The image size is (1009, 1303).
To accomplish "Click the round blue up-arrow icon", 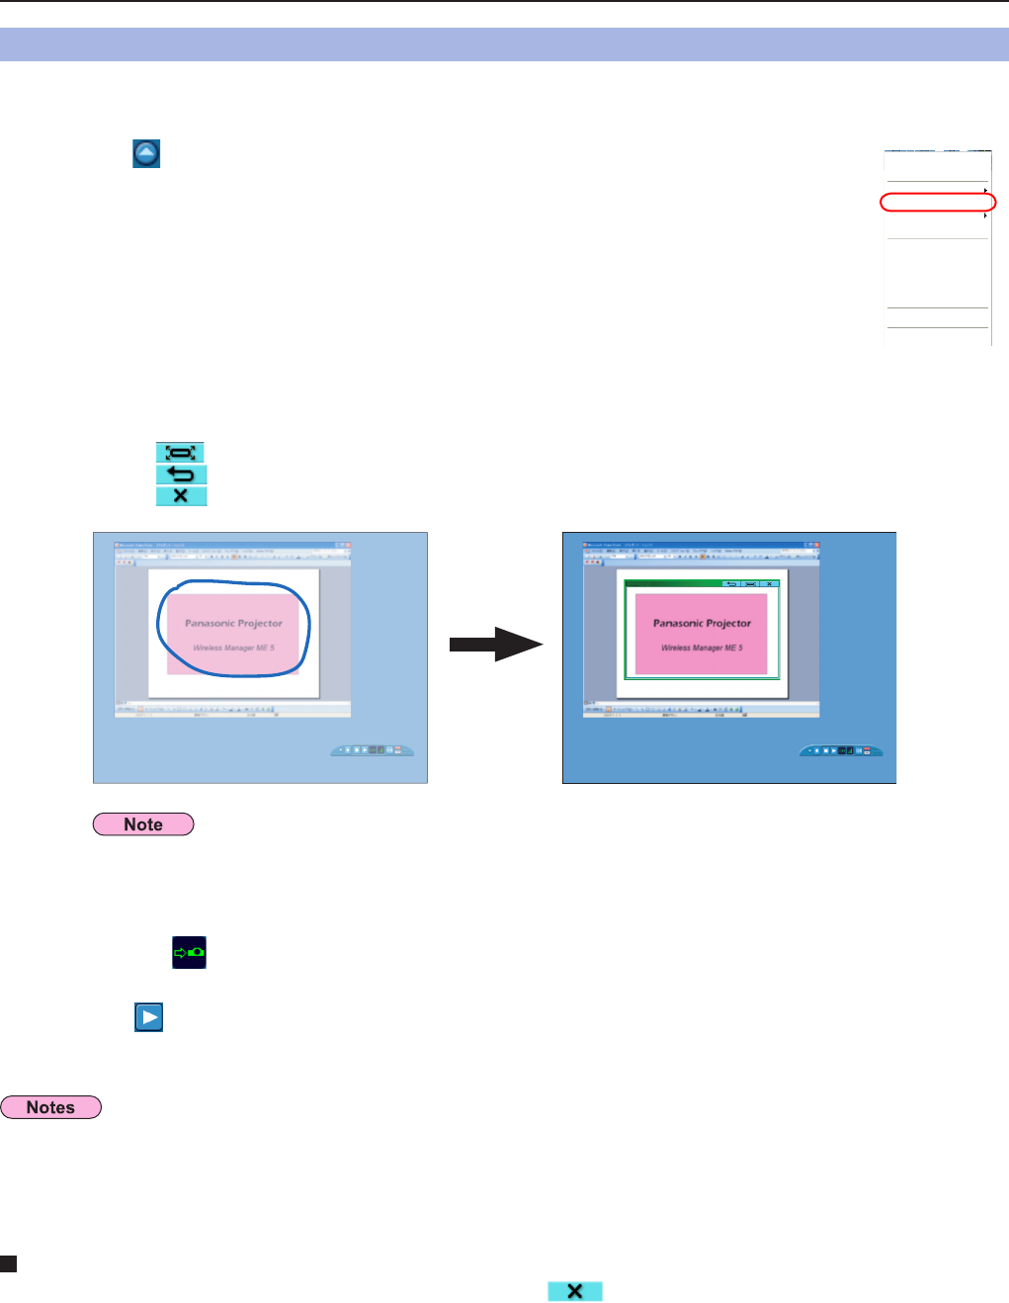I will pos(146,153).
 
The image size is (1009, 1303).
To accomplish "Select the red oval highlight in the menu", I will pos(938,203).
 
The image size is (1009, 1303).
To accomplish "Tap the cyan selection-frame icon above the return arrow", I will pos(181,453).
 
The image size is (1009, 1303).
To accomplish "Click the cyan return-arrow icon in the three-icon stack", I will pos(181,475).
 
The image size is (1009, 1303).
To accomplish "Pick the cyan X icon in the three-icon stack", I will pos(181,495).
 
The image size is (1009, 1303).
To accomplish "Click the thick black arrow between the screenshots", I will pos(495,645).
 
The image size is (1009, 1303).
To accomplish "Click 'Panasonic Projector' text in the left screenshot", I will pos(233,624).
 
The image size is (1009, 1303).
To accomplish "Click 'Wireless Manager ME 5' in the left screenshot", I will pos(233,649).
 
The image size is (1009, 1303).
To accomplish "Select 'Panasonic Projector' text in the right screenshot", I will pos(702,624).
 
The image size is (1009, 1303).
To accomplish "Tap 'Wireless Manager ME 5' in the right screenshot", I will pos(702,649).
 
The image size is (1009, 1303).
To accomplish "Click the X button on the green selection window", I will pos(769,584).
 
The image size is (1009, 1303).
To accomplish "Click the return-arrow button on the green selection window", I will pos(731,584).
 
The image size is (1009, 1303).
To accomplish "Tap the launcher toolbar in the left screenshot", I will pos(373,750).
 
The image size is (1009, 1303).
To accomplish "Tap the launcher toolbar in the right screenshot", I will pos(841,750).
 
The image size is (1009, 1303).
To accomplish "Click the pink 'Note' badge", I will pos(143,825).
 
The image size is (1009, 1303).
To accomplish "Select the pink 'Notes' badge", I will pos(50,1107).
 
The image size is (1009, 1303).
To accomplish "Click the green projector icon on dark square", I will pos(189,952).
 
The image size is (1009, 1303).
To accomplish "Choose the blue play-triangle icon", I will pos(149,1017).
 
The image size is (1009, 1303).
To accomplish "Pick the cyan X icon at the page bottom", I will pos(575,1291).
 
